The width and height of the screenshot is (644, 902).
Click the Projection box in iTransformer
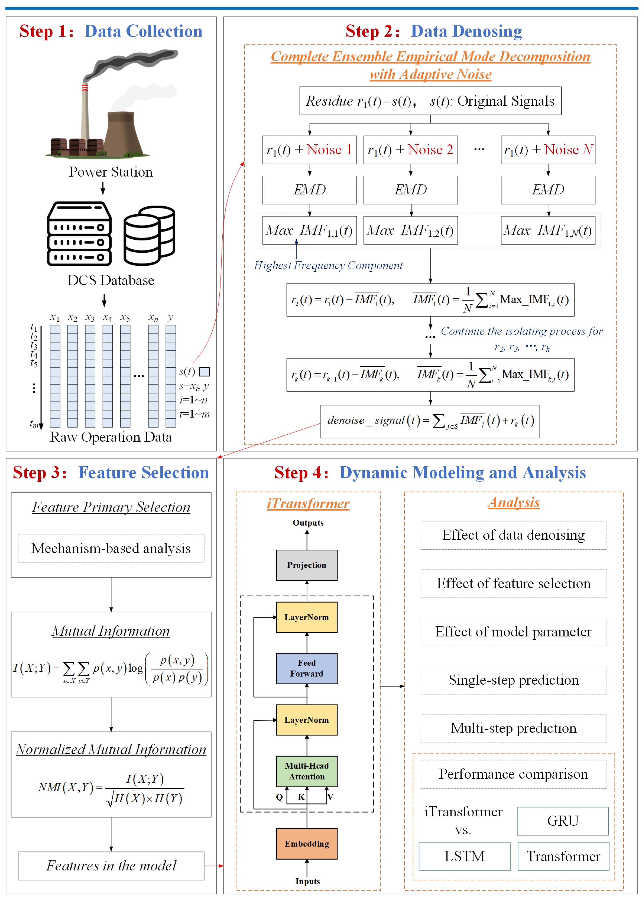coord(307,565)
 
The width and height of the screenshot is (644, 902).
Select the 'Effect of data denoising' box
coord(514,535)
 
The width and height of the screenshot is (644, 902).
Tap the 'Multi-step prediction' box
coord(514,728)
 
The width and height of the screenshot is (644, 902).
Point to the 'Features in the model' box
coord(111,866)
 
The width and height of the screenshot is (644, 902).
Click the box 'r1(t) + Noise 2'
coord(410,150)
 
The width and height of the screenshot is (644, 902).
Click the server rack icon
coord(79,234)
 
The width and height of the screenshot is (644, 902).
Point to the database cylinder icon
coord(149,235)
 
